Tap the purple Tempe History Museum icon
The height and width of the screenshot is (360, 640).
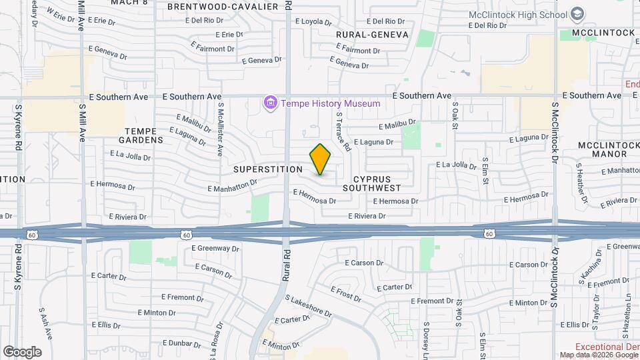[271, 103]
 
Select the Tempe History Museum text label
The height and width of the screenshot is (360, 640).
[331, 103]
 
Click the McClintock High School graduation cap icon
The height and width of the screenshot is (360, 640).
[577, 15]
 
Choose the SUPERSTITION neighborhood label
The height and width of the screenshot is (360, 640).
[268, 169]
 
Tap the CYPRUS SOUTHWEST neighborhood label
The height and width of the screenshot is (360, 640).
[377, 183]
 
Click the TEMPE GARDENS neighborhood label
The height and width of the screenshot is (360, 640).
[141, 135]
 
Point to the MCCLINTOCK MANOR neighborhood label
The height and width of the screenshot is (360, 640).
[603, 149]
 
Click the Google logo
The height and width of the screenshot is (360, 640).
[22, 352]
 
